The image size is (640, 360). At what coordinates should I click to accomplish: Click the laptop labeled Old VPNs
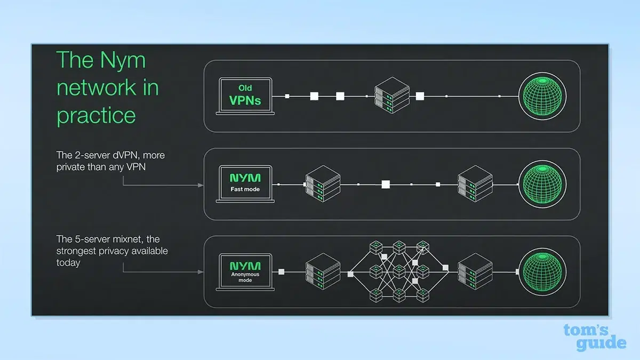(245, 95)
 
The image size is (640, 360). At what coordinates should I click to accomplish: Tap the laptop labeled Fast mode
(245, 183)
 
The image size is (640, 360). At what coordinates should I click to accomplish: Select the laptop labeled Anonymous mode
(245, 271)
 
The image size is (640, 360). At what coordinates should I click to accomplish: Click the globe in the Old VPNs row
(543, 96)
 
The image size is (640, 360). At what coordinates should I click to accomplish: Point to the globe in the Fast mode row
(543, 184)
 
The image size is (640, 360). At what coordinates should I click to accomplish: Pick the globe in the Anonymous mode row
(543, 272)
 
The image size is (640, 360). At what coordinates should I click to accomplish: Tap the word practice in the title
(96, 115)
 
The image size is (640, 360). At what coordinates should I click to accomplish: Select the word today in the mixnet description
(68, 262)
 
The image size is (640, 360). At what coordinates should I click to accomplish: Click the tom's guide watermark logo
(595, 337)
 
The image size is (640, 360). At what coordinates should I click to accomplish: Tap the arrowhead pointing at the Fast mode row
(201, 185)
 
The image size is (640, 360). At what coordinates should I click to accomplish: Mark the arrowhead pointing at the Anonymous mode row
(201, 272)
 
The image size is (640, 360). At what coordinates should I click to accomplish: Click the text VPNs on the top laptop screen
(245, 100)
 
